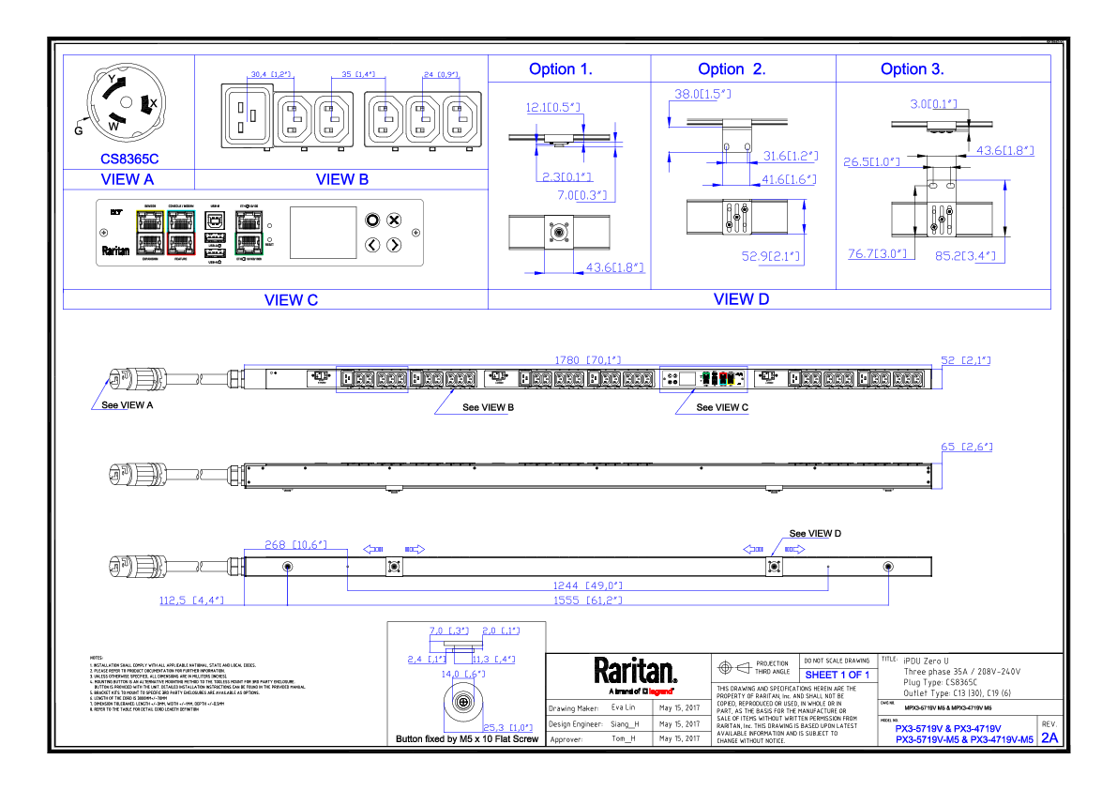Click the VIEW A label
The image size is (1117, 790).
[128, 179]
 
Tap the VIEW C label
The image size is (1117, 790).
[291, 300]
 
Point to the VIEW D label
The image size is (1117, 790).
[741, 299]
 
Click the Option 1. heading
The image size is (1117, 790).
[560, 69]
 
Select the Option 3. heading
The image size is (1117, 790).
[912, 69]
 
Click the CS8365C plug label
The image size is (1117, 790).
[128, 160]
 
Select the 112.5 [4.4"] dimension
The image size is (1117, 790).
[191, 600]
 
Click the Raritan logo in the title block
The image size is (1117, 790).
[635, 671]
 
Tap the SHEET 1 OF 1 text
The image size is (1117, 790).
[837, 675]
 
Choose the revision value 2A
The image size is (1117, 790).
[1049, 737]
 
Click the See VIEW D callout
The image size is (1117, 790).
[815, 534]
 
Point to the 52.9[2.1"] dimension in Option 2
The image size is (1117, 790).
[763, 255]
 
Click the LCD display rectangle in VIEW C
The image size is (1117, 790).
[323, 232]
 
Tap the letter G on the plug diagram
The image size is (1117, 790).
[79, 130]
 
